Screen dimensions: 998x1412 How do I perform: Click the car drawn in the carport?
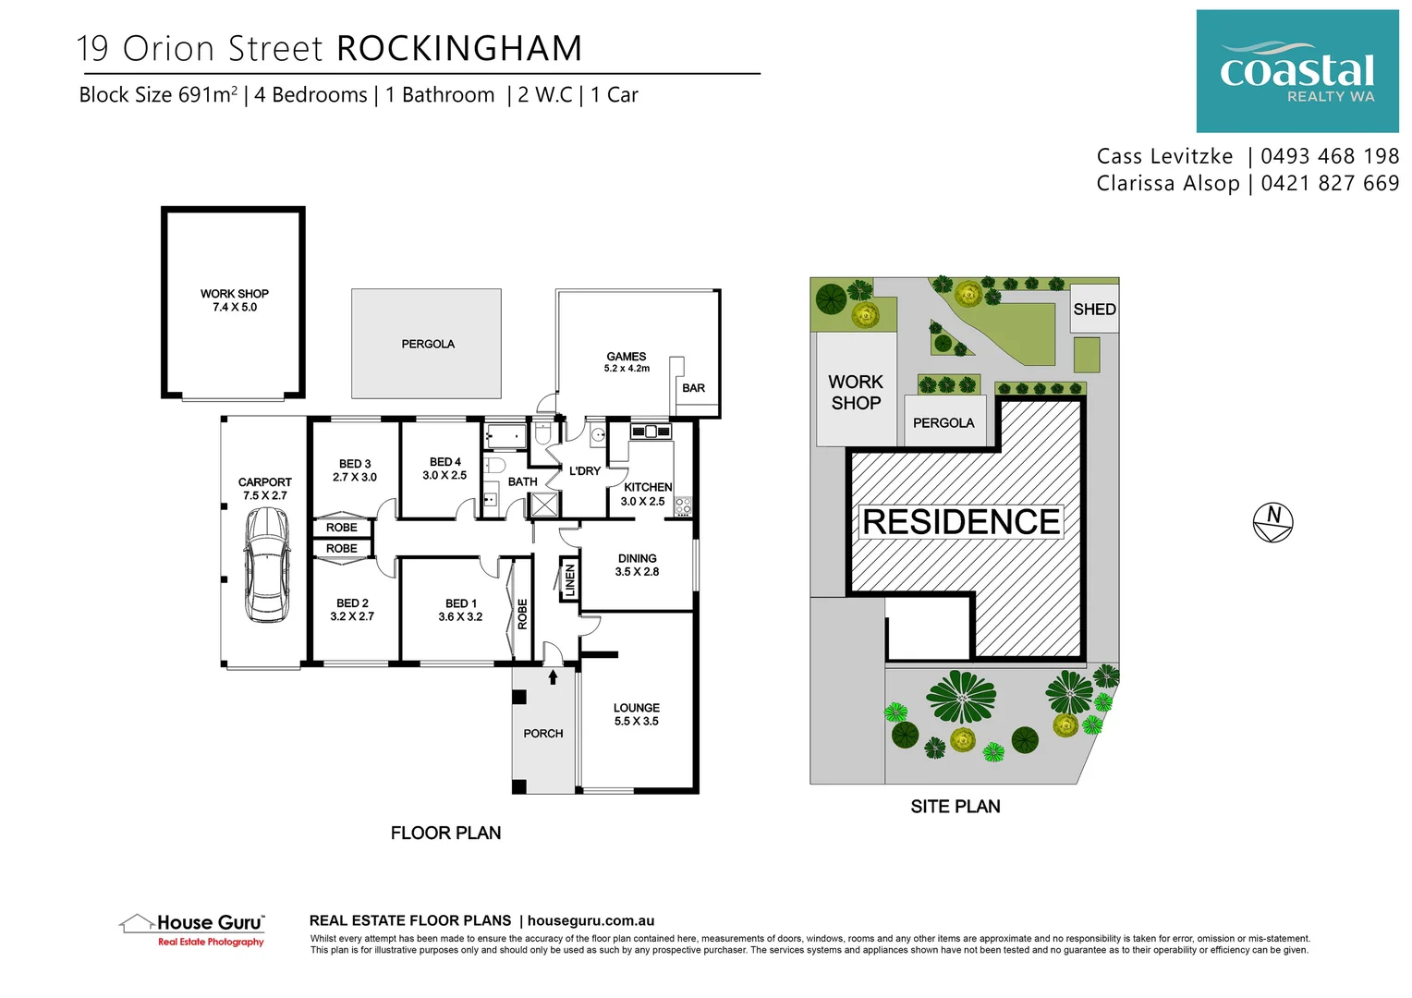[x=265, y=565]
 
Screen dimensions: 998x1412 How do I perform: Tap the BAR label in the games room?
[x=693, y=388]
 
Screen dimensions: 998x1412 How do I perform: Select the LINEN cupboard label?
[x=569, y=580]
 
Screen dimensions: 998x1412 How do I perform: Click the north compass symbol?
[x=1272, y=522]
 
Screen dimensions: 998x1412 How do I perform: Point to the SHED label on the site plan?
[x=1094, y=310]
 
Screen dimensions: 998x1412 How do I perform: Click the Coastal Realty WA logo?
[x=1296, y=72]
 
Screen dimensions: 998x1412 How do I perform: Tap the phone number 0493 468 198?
[x=1330, y=156]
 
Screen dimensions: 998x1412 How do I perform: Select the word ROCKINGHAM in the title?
[x=459, y=49]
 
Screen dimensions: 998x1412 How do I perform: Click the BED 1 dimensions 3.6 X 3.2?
[x=460, y=617]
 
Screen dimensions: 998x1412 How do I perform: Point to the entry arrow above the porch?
[x=553, y=677]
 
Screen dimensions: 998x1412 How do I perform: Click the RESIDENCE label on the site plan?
[x=960, y=522]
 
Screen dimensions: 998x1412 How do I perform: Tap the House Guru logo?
[x=193, y=928]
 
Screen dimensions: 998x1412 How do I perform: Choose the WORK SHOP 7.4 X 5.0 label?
[x=235, y=300]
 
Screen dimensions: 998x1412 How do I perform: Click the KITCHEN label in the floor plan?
[x=648, y=487]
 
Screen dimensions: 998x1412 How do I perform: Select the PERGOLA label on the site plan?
[x=943, y=423]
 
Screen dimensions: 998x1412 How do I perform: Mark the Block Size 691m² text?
[x=158, y=95]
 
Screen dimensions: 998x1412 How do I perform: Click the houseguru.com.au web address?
[x=590, y=920]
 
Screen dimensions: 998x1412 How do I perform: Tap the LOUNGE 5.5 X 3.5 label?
[x=636, y=714]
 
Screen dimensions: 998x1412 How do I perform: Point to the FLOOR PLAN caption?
[x=445, y=833]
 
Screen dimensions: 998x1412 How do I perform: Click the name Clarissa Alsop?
[x=1167, y=184]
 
